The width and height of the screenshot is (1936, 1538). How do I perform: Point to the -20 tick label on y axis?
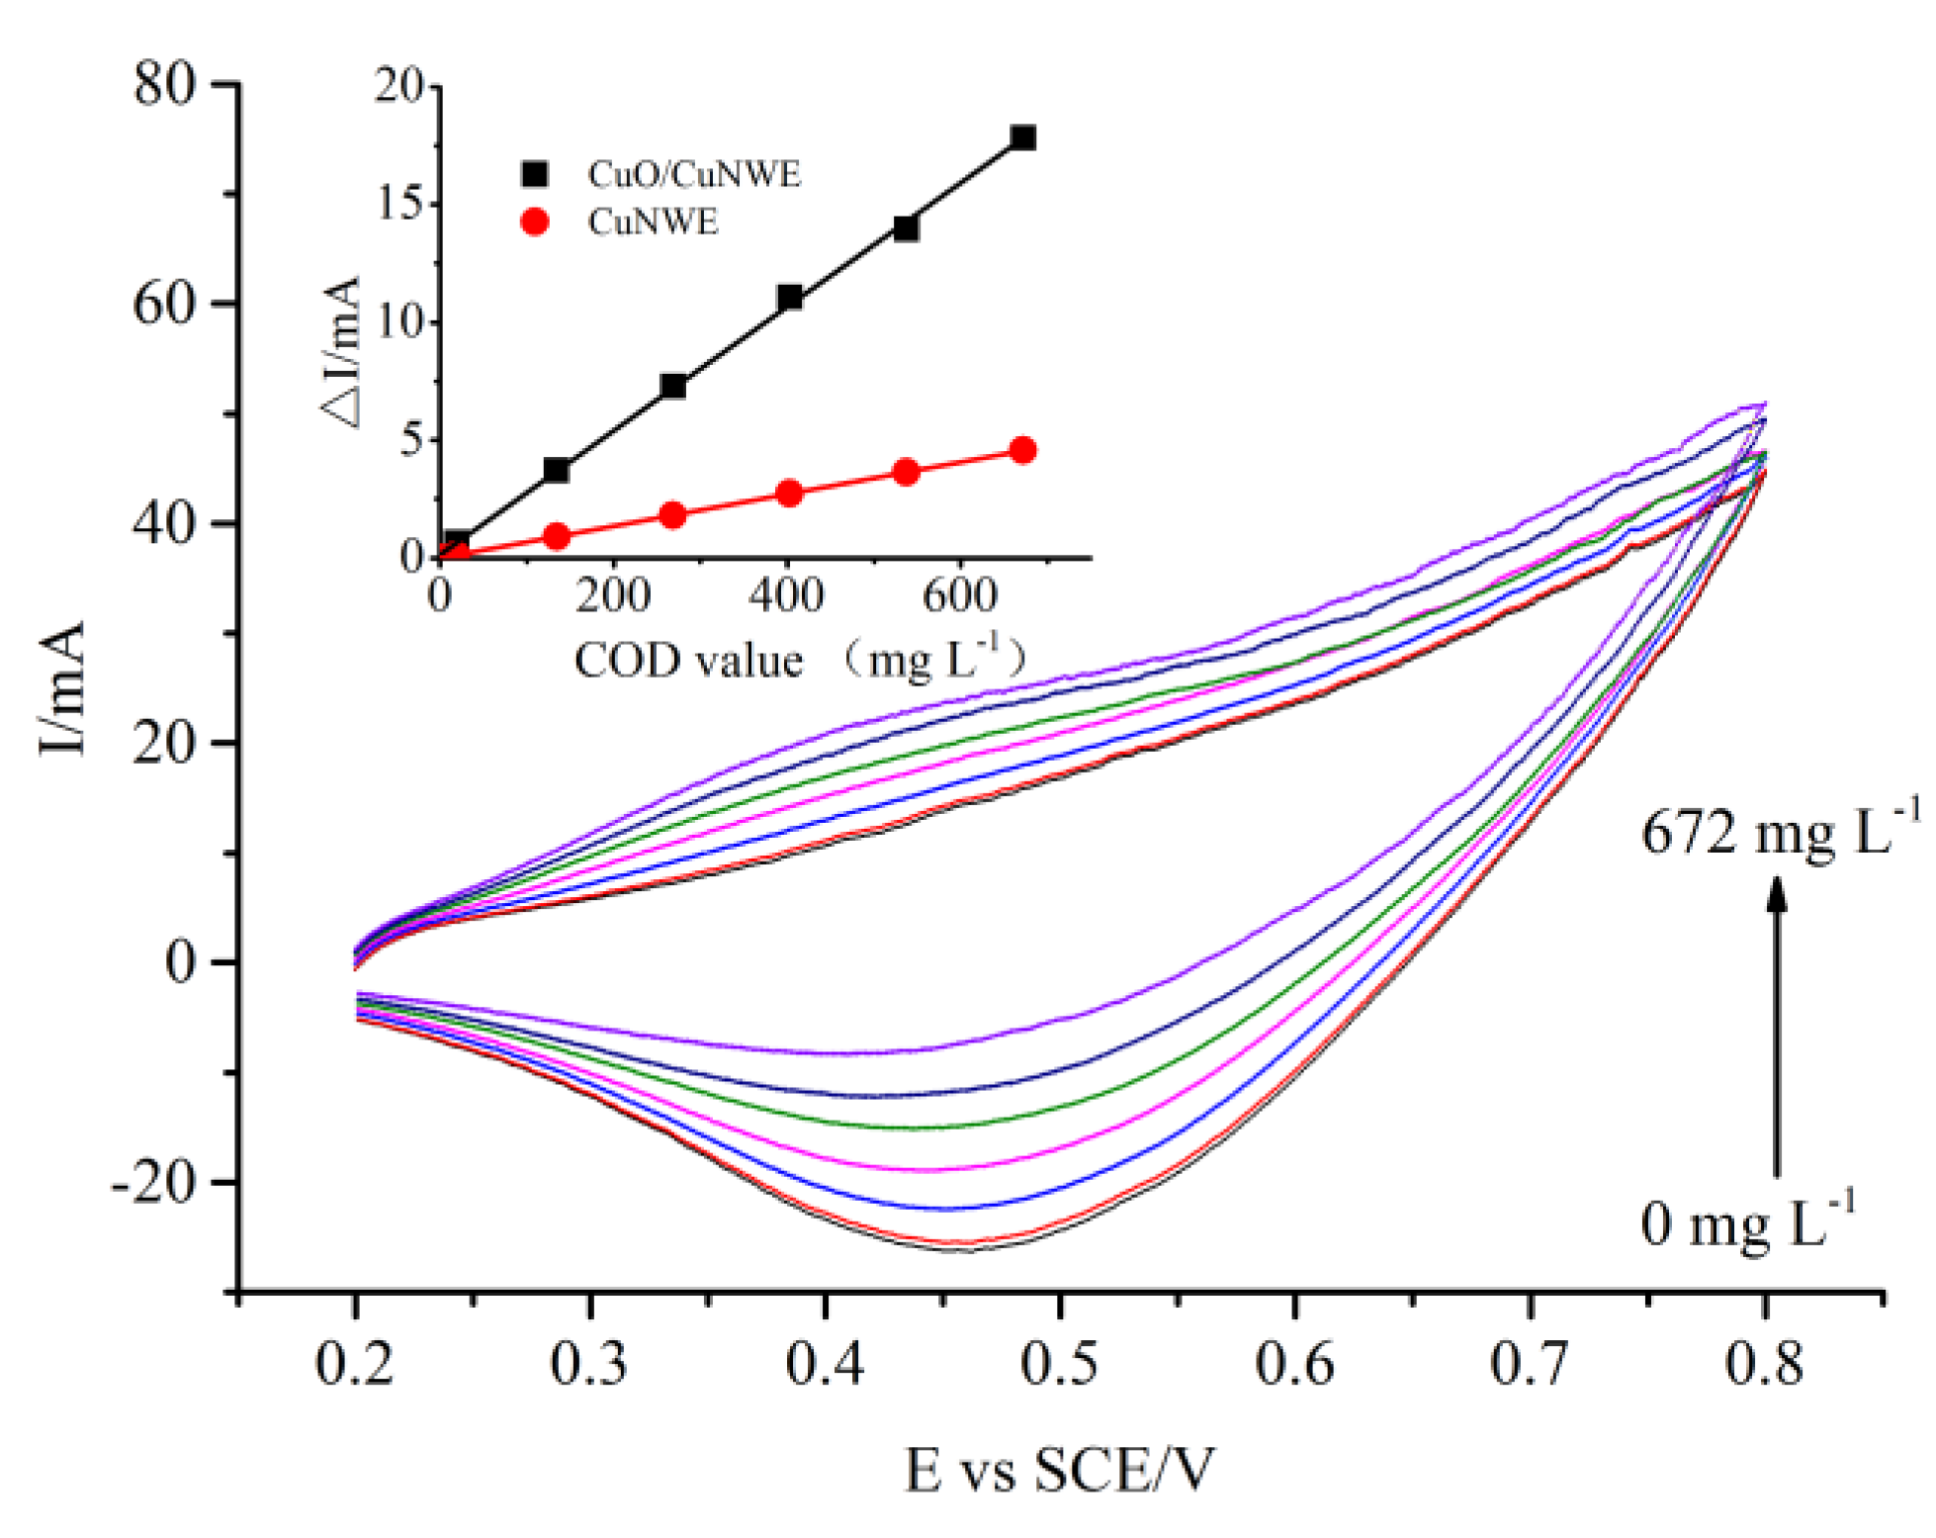pos(156,1182)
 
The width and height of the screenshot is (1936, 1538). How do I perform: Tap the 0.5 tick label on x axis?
pos(1059,1364)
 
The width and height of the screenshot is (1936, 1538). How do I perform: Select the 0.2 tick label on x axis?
pos(354,1364)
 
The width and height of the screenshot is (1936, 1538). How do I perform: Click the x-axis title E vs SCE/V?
pos(1058,1470)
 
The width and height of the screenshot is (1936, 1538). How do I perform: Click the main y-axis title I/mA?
pos(61,688)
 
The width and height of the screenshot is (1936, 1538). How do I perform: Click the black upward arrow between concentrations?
pos(1777,1029)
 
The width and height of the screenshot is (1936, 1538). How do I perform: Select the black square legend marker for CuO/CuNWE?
pos(534,174)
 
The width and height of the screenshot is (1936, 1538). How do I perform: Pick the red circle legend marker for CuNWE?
pos(534,222)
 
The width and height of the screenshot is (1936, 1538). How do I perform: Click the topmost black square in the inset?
pos(1023,137)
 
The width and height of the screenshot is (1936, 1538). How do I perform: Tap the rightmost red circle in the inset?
pos(1023,451)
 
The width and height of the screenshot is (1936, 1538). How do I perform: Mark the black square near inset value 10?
pos(789,297)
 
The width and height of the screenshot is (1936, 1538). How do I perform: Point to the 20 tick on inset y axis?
pos(398,86)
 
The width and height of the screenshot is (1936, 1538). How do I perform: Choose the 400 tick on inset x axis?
pos(786,596)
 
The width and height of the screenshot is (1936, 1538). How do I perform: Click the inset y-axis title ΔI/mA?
pos(343,351)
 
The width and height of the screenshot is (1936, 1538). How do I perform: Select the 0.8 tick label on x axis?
pos(1764,1364)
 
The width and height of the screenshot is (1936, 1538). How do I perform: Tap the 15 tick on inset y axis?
pos(400,204)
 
